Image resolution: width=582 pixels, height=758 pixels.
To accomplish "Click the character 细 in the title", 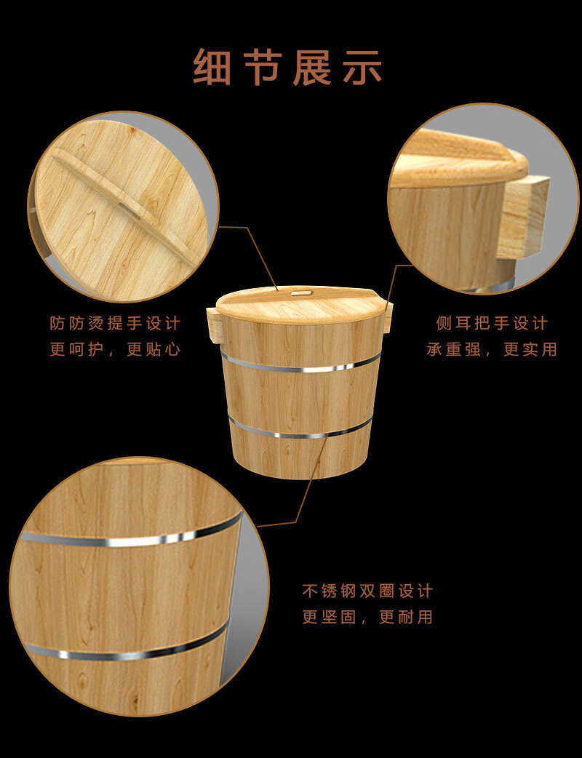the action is click(x=212, y=67).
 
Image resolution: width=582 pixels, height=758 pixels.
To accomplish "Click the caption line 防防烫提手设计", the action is click(x=115, y=323).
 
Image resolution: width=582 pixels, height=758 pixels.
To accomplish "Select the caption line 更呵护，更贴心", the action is click(x=115, y=349).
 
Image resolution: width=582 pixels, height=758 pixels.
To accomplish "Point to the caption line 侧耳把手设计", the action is click(x=492, y=323).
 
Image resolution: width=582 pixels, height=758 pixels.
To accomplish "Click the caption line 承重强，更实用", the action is click(x=492, y=349).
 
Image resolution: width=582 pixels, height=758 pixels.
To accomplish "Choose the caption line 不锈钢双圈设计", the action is click(x=367, y=591).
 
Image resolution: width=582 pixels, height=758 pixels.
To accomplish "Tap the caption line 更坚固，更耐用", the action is click(x=367, y=617).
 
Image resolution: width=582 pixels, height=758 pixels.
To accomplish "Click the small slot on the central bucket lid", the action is click(x=301, y=292).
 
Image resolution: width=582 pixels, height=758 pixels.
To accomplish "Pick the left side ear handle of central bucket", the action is click(x=214, y=323).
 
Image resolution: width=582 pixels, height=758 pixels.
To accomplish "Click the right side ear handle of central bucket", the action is click(x=388, y=316).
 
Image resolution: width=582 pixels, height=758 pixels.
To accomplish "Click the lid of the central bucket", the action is click(x=300, y=305).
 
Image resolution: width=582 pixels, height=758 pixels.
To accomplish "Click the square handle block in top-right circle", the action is click(x=524, y=217).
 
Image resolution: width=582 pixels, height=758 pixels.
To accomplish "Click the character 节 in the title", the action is click(x=263, y=67).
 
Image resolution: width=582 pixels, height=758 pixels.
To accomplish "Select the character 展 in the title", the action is click(x=312, y=67).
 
